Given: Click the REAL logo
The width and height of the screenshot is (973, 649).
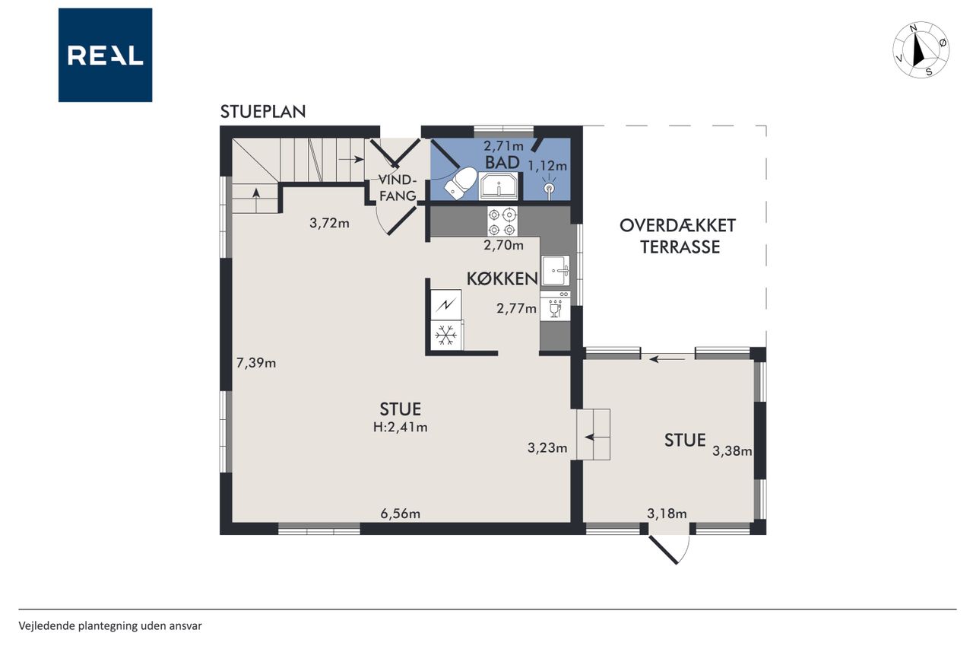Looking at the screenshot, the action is tap(105, 56).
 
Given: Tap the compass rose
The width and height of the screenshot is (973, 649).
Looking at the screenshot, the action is tap(921, 50).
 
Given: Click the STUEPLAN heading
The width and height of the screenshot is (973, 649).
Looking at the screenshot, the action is tap(263, 112).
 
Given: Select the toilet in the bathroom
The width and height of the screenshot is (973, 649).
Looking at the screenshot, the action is tap(461, 183).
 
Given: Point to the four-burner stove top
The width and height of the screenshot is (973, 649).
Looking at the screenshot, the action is tap(502, 221).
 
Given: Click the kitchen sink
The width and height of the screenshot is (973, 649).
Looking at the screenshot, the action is tap(556, 270).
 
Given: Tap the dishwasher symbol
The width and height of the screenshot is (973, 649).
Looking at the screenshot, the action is tap(555, 306).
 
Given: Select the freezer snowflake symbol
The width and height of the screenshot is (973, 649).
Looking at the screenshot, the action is tap(446, 336).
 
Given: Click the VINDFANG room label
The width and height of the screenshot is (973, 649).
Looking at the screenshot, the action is tap(398, 188).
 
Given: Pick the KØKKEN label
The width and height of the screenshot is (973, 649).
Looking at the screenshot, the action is tap(502, 279).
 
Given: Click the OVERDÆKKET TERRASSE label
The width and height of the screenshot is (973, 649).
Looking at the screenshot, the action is tap(677, 236).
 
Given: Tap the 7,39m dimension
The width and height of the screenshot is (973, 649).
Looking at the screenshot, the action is tap(256, 362).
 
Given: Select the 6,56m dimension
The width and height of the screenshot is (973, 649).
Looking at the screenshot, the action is tap(401, 514).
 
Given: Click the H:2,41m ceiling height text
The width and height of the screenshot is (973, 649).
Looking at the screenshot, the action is tap(401, 428).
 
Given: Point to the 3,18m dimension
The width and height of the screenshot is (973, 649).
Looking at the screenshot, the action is tap(667, 514).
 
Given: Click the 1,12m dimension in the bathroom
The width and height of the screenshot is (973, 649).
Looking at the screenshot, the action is tap(547, 166).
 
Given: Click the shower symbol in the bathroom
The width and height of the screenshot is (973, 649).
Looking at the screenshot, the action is tap(550, 187).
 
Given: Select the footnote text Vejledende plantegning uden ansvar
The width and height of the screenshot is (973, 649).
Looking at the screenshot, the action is tap(110, 626).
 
